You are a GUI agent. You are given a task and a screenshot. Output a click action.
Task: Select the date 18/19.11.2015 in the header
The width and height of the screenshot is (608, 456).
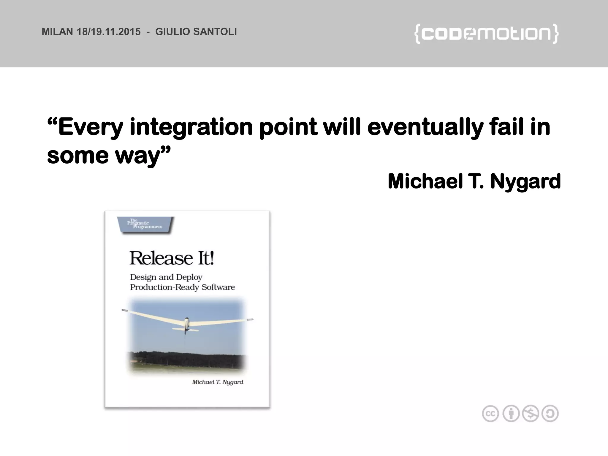tap(109, 32)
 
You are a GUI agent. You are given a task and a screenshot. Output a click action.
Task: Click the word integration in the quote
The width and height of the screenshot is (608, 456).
tap(191, 127)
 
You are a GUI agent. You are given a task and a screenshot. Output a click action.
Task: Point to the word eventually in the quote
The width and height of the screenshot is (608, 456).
tap(425, 127)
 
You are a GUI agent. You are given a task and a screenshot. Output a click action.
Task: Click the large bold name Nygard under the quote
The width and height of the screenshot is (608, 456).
tap(525, 182)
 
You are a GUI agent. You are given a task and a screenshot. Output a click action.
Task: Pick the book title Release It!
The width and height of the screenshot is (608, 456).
tap(172, 258)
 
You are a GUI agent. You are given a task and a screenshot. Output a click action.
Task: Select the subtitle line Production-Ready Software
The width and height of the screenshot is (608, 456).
tap(182, 287)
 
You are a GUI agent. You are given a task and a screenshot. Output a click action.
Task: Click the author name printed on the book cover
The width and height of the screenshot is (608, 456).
tap(218, 382)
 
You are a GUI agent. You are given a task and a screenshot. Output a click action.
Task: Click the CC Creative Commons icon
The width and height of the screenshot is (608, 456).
tap(490, 414)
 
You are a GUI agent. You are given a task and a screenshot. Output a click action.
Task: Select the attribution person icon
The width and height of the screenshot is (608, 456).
tap(511, 414)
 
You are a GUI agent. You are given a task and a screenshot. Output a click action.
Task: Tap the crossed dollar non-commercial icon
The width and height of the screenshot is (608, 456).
tap(531, 414)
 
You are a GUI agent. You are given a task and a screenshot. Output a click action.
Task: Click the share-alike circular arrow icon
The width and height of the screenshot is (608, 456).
tap(550, 414)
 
